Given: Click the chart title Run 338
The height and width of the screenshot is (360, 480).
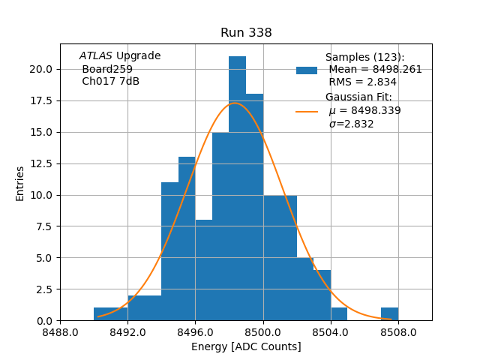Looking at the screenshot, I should point(246,33).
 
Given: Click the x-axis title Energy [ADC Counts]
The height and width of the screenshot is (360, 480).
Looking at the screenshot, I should point(246,346).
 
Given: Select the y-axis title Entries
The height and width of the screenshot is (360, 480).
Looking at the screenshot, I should point(20,183).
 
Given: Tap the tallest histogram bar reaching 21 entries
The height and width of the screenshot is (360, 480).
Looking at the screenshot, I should point(237,187).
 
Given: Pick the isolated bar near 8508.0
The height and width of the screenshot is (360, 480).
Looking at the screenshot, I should point(389,314).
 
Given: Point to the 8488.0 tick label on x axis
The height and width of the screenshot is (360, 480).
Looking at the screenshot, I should point(60,331).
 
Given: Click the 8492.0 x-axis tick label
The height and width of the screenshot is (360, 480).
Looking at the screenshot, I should point(127,331).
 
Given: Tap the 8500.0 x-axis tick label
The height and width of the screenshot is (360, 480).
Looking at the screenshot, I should point(263,331).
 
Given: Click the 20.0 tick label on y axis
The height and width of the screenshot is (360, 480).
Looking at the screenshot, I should point(42,69).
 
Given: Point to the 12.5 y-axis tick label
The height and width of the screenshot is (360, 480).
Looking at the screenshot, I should point(42,163).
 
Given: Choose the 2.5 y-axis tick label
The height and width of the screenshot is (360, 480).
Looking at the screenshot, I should point(45,289).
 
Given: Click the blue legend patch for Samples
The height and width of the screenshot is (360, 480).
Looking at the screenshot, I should point(307,70).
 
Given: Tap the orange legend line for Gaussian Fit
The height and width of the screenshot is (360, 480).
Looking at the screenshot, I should point(307,112).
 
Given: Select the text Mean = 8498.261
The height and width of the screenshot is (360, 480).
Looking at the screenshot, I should point(375,70).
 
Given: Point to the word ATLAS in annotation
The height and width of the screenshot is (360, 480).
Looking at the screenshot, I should point(95,56).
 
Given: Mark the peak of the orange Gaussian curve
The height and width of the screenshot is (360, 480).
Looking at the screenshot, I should point(235,103).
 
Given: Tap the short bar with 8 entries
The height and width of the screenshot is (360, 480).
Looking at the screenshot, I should point(203,270).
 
